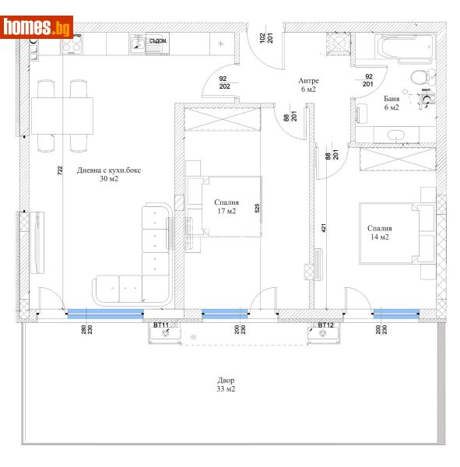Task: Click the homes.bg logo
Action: (37, 27)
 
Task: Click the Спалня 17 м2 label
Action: (226, 206)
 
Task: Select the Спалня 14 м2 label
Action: (379, 232)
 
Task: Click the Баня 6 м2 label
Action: (392, 104)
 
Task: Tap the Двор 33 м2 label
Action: (226, 384)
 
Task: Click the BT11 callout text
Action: (161, 325)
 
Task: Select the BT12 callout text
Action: (325, 325)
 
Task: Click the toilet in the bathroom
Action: (417, 75)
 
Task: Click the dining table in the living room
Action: (63, 116)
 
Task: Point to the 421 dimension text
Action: (321, 229)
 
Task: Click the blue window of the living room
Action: (104, 314)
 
